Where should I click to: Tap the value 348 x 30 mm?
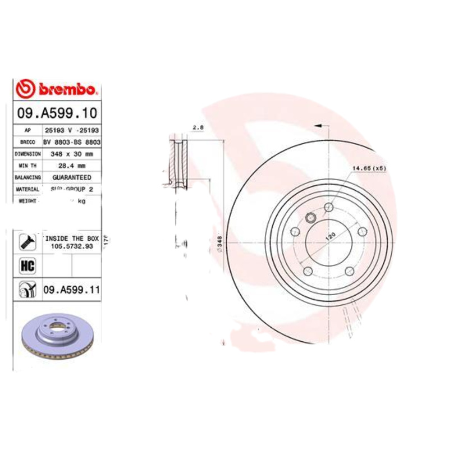pyautogui.click(x=72, y=153)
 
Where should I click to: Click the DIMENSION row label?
pyautogui.click(x=28, y=153)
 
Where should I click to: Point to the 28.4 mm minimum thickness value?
pyautogui.click(x=72, y=165)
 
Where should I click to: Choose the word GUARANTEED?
pyautogui.click(x=72, y=177)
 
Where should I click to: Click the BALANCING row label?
pyautogui.click(x=28, y=177)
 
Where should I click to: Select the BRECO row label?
pyautogui.click(x=28, y=141)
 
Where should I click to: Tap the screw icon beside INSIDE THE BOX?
pyautogui.click(x=27, y=242)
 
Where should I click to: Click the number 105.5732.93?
pyautogui.click(x=72, y=246)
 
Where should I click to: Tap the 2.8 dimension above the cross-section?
pyautogui.click(x=197, y=129)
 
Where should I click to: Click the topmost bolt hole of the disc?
pyautogui.click(x=329, y=209)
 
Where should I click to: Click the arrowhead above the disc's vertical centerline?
pyautogui.click(x=318, y=126)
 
